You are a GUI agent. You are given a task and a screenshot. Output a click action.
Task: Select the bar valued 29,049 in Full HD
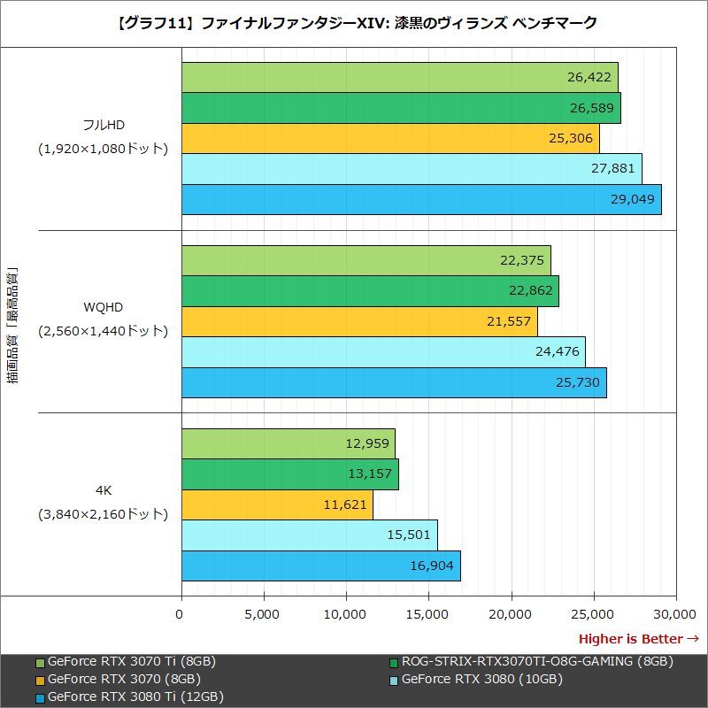pyautogui.click(x=421, y=199)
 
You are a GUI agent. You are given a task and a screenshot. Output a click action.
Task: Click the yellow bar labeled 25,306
pyautogui.click(x=390, y=138)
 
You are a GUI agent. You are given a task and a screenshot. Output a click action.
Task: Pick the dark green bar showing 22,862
pyautogui.click(x=370, y=290)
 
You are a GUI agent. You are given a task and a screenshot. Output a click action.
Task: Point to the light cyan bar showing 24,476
pyautogui.click(x=383, y=351)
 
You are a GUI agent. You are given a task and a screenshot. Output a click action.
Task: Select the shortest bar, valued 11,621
pyautogui.click(x=277, y=504)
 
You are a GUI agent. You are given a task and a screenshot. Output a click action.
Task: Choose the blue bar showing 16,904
pyautogui.click(x=320, y=566)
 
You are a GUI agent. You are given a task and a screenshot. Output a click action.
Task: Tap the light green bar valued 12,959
pyautogui.click(x=288, y=443)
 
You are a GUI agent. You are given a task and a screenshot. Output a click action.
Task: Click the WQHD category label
pyautogui.click(x=103, y=307)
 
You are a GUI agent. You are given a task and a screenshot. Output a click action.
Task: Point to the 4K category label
pyautogui.click(x=103, y=489)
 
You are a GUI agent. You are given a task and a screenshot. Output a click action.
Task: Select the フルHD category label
pyautogui.click(x=103, y=125)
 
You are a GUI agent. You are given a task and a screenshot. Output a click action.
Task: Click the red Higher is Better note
pyautogui.click(x=638, y=639)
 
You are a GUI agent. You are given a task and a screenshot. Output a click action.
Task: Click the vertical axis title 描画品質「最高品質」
pyautogui.click(x=12, y=327)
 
